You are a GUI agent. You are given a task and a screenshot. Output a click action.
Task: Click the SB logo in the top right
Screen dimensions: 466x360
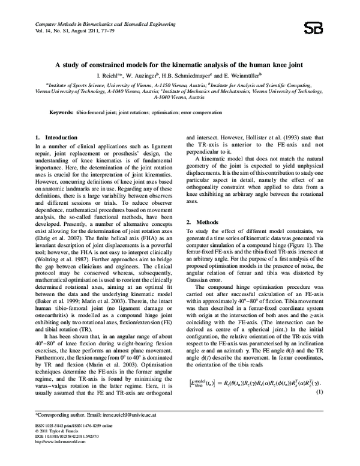(x=329, y=28)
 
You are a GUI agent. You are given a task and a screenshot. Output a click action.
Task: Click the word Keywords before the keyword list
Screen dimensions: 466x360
(x=61, y=112)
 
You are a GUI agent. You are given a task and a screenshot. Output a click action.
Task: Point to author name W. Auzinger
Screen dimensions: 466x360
(x=157, y=76)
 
